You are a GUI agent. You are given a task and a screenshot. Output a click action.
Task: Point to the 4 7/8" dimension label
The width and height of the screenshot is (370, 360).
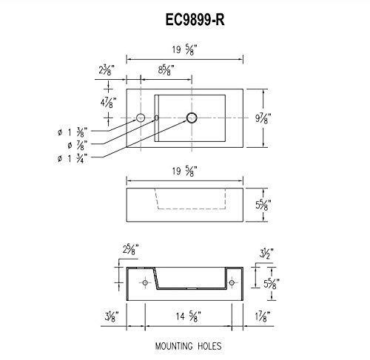pos(107,101)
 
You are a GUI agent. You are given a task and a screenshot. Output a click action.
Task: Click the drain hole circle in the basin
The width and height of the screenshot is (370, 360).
pos(192,118)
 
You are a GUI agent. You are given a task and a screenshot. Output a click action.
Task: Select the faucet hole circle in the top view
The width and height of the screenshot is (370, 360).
pos(140,118)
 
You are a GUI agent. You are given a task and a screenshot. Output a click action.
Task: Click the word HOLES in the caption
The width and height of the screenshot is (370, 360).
pos(210,344)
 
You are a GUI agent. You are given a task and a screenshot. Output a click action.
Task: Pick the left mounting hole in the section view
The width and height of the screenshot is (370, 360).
pos(140,282)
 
